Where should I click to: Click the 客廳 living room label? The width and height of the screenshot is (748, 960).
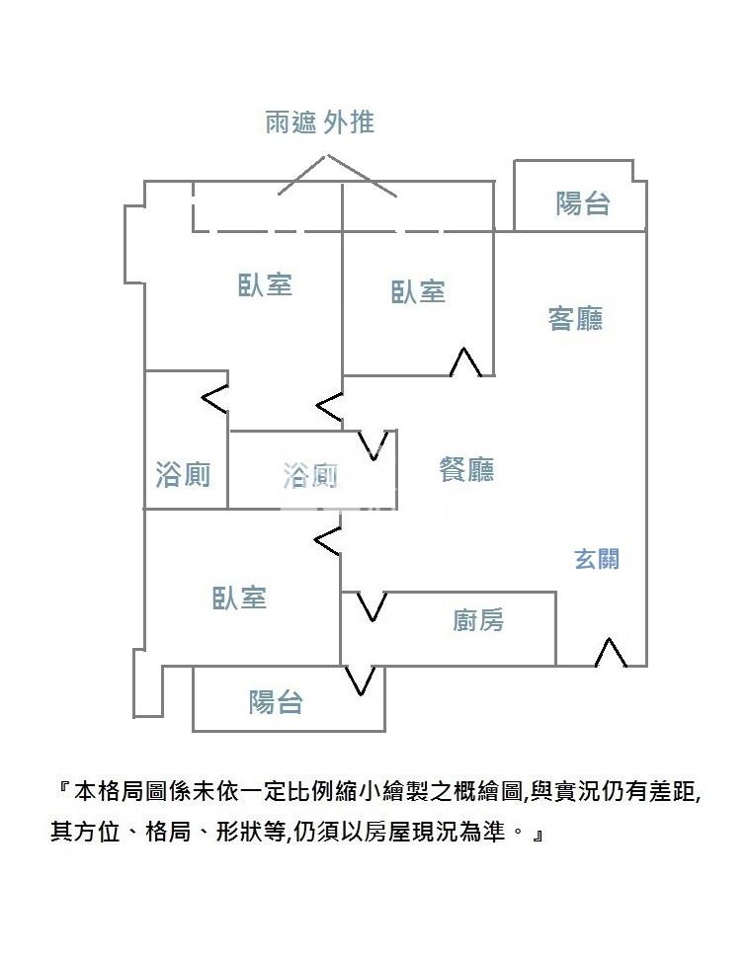pyautogui.click(x=575, y=318)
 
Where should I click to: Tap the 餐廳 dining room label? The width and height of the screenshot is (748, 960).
pyautogui.click(x=466, y=469)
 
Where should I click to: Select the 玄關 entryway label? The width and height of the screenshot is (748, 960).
pyautogui.click(x=597, y=559)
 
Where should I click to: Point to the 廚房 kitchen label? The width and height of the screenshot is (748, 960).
pyautogui.click(x=478, y=620)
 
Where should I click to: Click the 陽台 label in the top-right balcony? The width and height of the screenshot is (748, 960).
pyautogui.click(x=583, y=203)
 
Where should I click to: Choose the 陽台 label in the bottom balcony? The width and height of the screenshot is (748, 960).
pyautogui.click(x=276, y=702)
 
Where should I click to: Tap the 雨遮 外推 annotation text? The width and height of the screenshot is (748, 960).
pyautogui.click(x=320, y=122)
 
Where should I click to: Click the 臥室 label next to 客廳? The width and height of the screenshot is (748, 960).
pyautogui.click(x=418, y=291)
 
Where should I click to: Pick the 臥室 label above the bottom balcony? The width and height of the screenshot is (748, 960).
pyautogui.click(x=239, y=599)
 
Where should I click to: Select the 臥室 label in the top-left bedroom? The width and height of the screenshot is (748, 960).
pyautogui.click(x=265, y=285)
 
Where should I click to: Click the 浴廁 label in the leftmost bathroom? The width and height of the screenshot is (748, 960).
pyautogui.click(x=183, y=475)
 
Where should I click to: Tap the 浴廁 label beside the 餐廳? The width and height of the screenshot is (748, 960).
pyautogui.click(x=310, y=476)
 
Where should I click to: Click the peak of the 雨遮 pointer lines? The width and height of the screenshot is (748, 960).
pyautogui.click(x=326, y=155)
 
